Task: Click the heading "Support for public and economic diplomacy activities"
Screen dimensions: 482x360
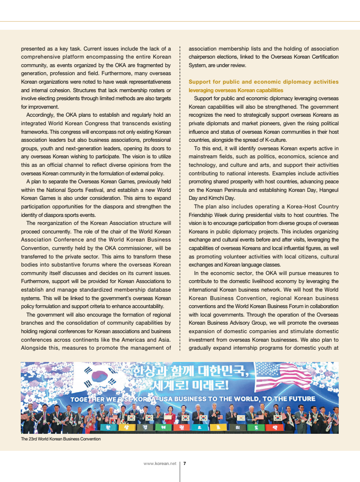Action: pyautogui.click(x=263, y=82)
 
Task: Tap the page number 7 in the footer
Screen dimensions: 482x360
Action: pyautogui.click(x=185, y=463)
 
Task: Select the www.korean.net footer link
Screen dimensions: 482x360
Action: pyautogui.click(x=160, y=463)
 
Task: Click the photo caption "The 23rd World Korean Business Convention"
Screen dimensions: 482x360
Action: pyautogui.click(x=60, y=439)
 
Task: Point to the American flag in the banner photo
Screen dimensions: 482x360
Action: pyautogui.click(x=283, y=376)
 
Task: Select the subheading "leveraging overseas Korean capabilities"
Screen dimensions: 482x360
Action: pyautogui.click(x=236, y=90)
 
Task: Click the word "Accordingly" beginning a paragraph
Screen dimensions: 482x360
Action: pyautogui.click(x=42, y=115)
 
